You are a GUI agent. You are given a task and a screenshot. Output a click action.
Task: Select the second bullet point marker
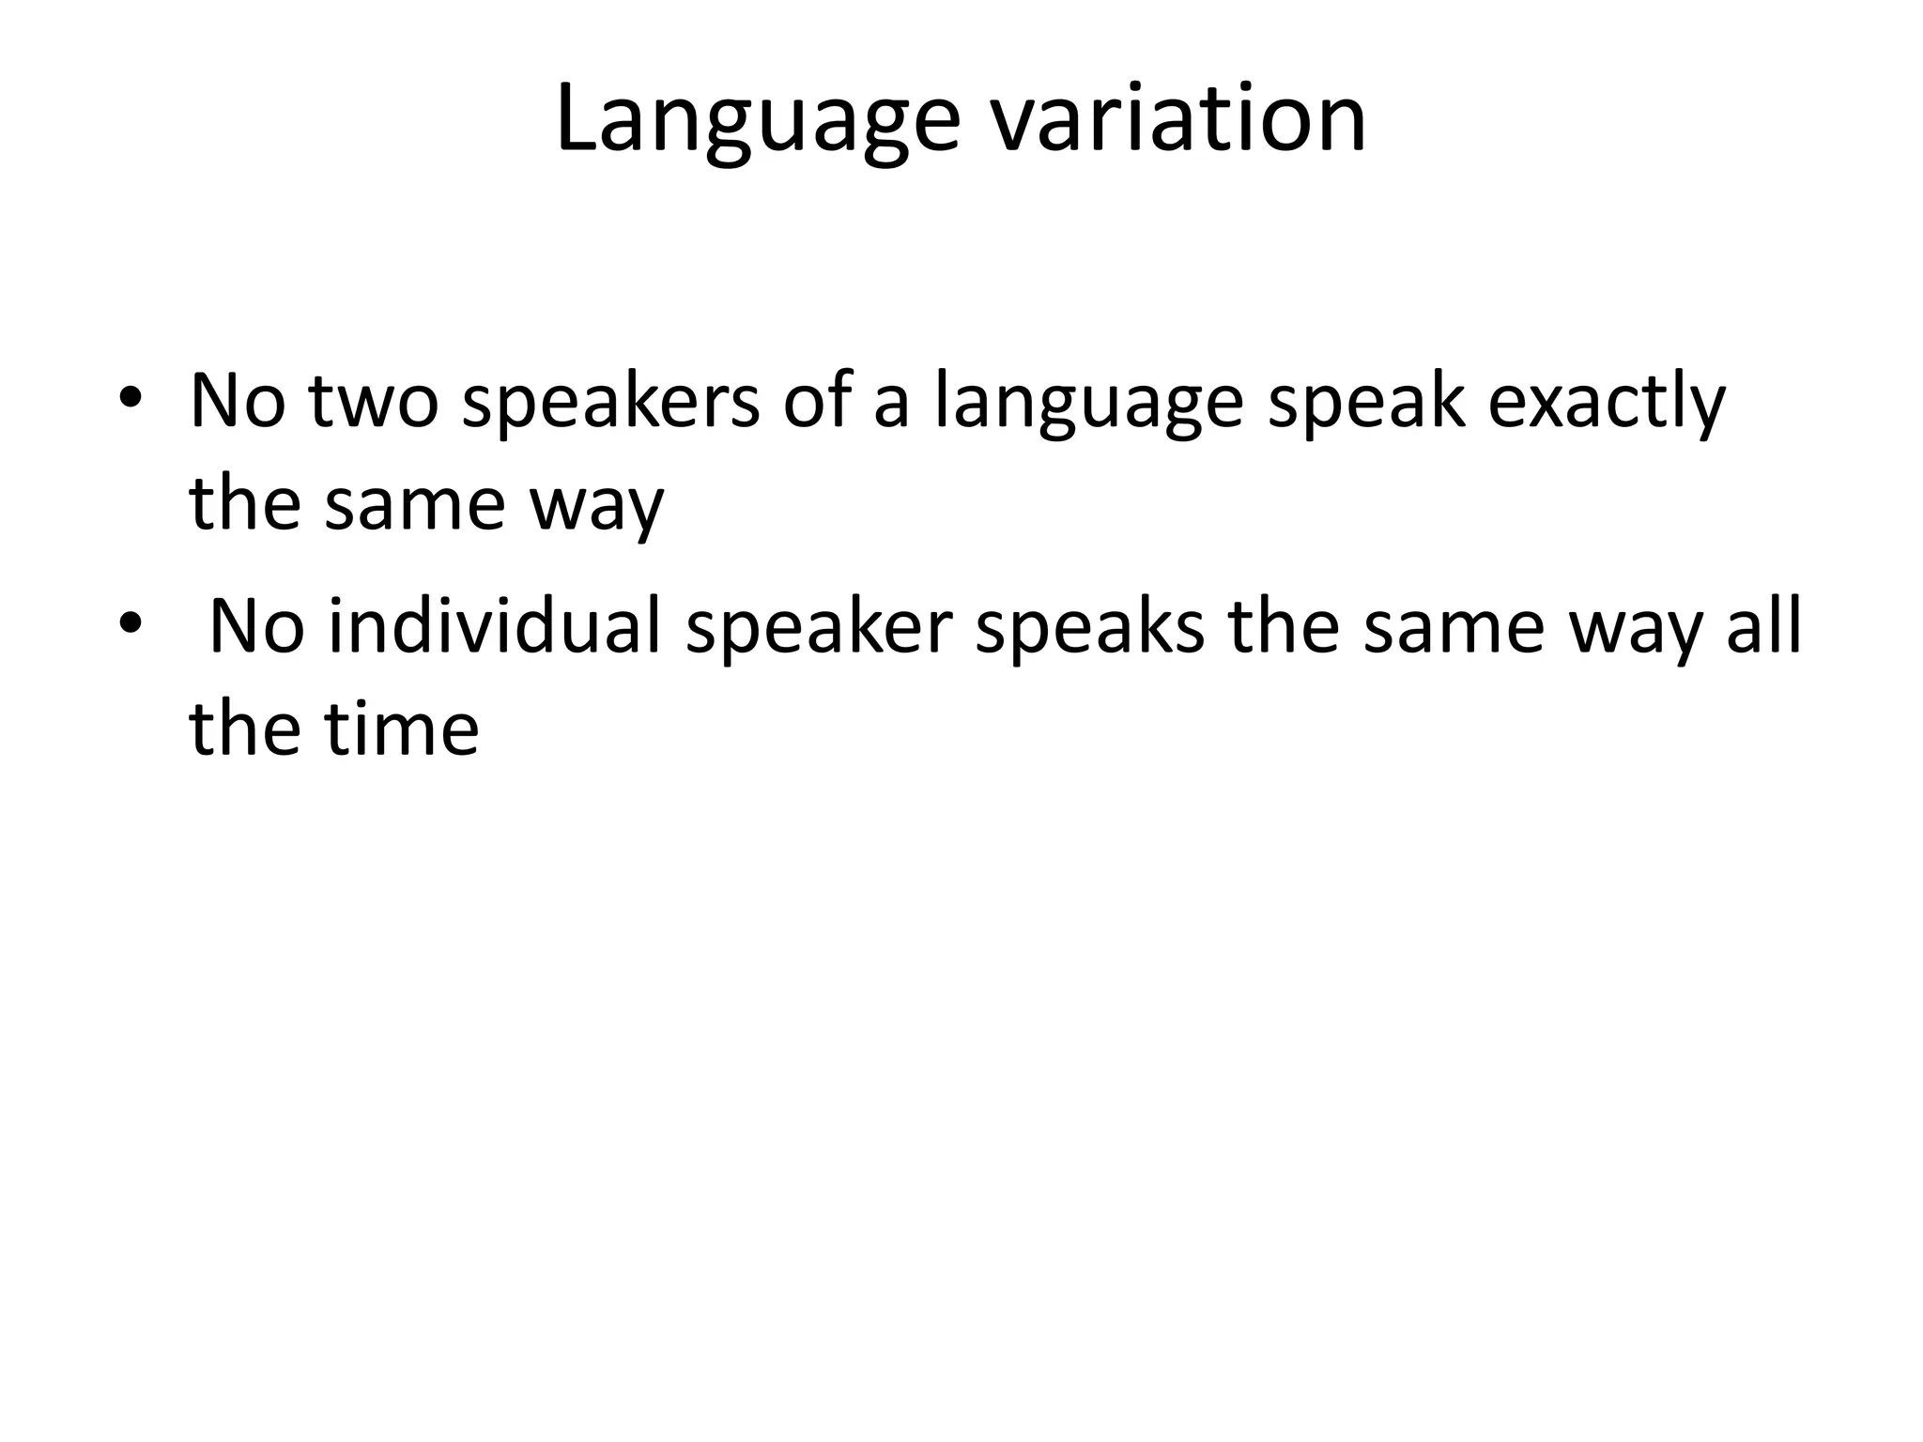(x=130, y=622)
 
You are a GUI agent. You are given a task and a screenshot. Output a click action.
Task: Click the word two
(x=373, y=401)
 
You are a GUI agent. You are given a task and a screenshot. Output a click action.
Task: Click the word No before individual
(x=256, y=626)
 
